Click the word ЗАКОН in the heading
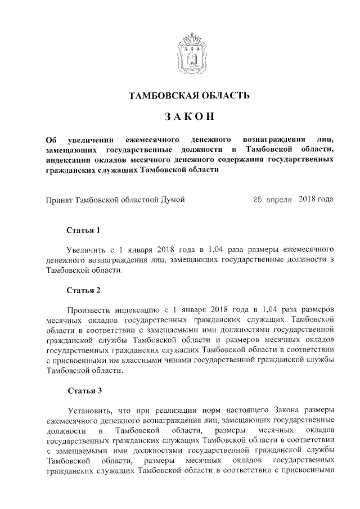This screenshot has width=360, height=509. (189, 116)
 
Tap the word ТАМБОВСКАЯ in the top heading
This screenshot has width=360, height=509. (163, 95)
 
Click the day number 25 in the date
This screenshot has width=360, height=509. (258, 199)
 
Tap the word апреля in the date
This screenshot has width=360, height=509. (279, 199)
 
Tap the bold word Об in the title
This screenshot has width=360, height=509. (51, 139)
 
